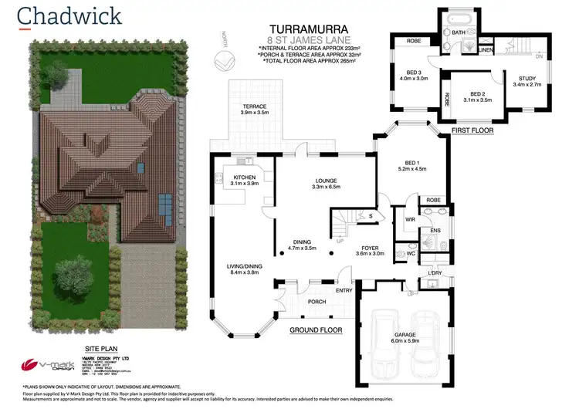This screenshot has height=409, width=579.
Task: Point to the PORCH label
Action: coord(317,302)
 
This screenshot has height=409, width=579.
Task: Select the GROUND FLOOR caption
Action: coord(316,330)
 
